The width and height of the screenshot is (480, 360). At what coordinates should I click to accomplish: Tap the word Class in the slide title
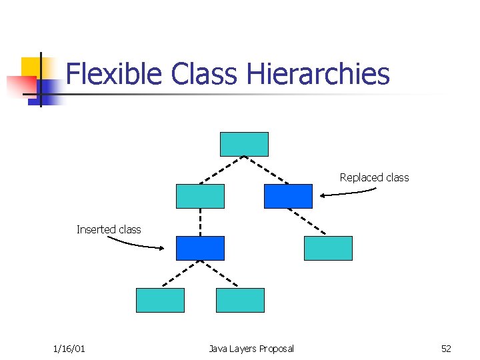[203, 73]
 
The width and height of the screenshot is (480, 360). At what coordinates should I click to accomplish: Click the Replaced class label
[374, 177]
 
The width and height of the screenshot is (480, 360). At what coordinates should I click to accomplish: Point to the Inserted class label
[109, 229]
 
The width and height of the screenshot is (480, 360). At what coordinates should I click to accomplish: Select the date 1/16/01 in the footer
[69, 349]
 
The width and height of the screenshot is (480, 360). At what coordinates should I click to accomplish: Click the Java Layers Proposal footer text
[251, 349]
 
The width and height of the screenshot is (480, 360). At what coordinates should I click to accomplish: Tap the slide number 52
[446, 349]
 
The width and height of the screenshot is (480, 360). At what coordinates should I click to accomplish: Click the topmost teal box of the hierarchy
[244, 144]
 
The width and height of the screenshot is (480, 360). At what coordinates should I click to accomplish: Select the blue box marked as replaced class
[288, 196]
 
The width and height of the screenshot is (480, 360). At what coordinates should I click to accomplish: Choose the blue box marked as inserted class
[200, 248]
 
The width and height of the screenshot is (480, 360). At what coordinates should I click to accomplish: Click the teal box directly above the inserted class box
[200, 196]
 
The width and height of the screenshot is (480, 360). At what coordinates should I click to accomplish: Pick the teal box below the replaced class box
[328, 248]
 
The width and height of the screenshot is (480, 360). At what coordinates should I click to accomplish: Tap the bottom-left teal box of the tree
[160, 300]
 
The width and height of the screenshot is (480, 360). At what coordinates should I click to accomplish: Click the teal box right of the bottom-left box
[240, 300]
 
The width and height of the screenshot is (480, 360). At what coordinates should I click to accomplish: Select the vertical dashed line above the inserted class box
[200, 222]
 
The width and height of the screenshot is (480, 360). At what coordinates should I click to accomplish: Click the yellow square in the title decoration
[31, 67]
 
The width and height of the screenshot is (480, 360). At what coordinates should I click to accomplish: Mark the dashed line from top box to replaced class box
[267, 170]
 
